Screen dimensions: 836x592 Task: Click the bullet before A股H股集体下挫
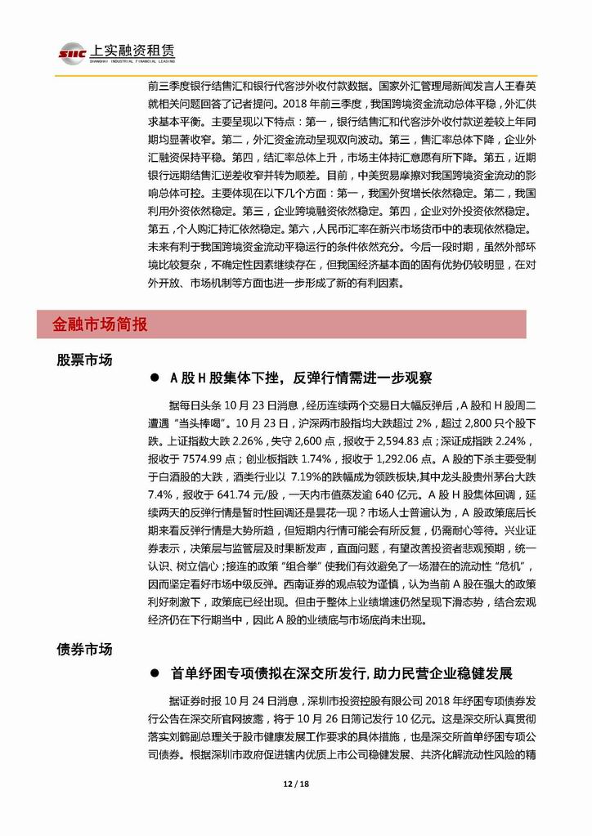click(x=153, y=380)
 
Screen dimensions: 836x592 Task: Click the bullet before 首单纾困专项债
click(x=153, y=674)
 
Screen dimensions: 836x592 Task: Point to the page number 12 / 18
click(x=295, y=806)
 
